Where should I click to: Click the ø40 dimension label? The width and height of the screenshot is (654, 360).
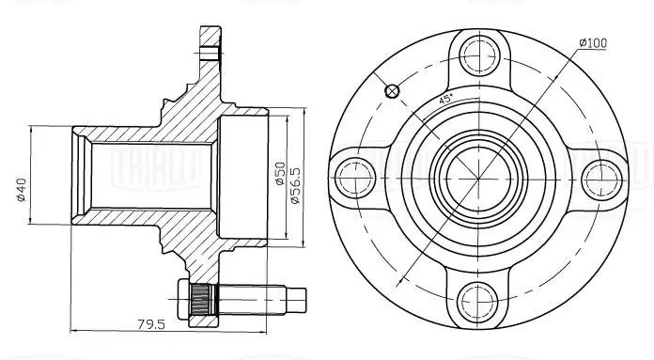point(21,190)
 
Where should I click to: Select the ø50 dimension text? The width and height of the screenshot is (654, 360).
point(279,173)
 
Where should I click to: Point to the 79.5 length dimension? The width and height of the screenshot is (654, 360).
point(151,323)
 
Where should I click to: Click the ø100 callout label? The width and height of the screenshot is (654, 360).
point(593,42)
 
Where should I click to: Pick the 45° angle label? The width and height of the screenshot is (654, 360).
point(445,100)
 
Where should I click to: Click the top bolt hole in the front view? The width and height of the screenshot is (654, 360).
point(479,55)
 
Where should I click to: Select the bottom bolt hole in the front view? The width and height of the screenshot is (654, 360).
point(478,301)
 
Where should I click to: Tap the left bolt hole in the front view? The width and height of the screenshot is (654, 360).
point(355,179)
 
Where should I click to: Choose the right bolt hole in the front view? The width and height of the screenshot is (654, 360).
point(600,180)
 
